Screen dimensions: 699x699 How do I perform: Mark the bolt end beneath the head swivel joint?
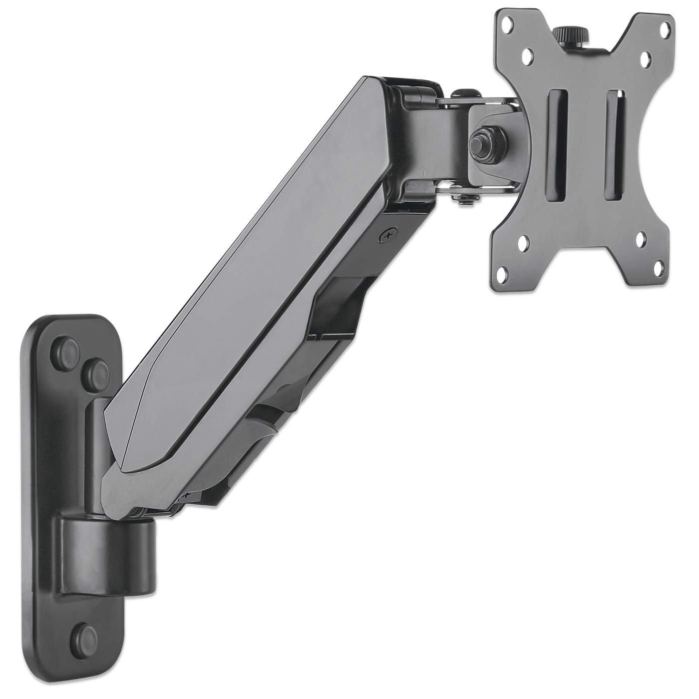pos(460,200)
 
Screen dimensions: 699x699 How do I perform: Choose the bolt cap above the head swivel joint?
pos(462,93)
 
